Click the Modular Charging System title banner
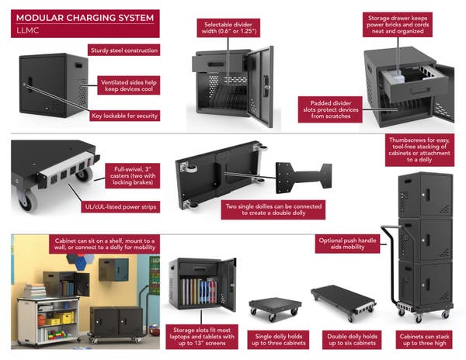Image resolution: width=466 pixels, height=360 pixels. point(75,17)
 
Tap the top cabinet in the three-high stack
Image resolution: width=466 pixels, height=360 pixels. point(424,194)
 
